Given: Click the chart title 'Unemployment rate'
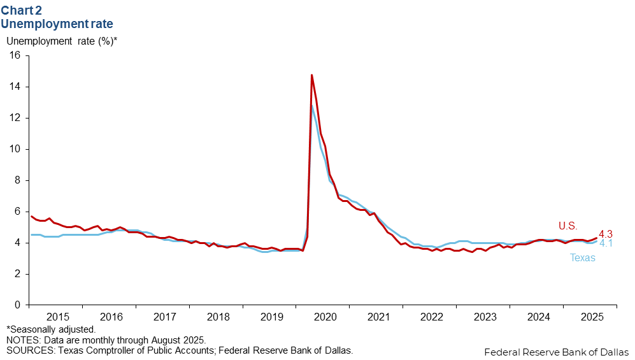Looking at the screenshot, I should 57,24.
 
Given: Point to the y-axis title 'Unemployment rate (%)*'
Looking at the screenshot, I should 62,41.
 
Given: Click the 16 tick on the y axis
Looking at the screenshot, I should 15,55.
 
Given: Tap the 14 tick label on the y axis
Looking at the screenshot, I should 15,87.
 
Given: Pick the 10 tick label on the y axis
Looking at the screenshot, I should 15,149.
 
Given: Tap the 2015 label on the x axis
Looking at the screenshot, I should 58,317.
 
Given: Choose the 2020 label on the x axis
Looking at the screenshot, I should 325,317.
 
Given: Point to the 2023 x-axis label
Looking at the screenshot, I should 485,317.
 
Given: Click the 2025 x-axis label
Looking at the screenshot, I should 592,317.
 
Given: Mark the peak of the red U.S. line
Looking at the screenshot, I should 311,75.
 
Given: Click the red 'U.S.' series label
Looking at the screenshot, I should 568,225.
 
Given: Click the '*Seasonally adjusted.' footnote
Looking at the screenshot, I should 51,329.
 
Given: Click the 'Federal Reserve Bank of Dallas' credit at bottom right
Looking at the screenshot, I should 556,352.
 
